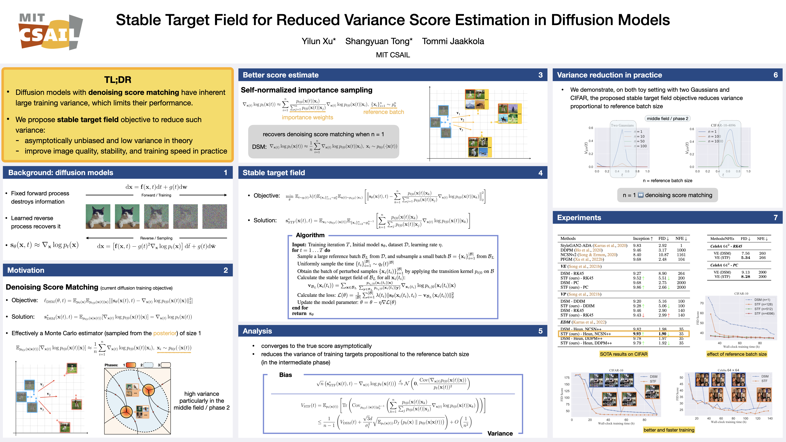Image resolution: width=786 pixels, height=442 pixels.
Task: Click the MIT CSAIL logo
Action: coord(50,31)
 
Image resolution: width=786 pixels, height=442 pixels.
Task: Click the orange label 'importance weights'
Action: coord(307,117)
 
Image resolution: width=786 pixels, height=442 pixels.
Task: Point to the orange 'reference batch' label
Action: coord(383,112)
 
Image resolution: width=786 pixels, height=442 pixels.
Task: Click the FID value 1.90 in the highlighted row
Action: coord(662,334)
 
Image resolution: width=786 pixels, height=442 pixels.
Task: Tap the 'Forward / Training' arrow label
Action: coord(156,195)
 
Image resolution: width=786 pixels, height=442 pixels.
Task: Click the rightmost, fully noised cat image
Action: coord(214,217)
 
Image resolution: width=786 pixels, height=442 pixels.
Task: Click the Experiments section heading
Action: coord(579,217)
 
